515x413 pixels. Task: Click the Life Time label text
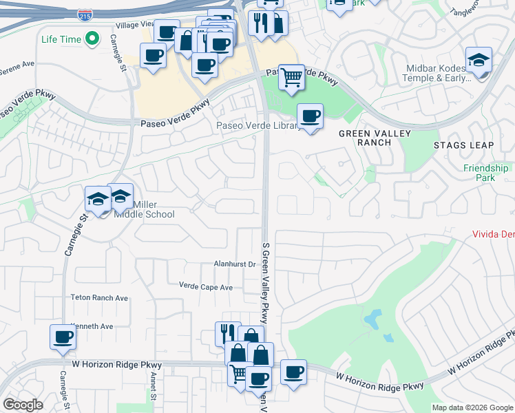[61, 39]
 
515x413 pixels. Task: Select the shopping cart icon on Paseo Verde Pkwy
[292, 76]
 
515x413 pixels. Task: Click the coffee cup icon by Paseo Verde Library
[310, 116]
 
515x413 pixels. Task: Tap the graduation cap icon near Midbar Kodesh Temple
[479, 60]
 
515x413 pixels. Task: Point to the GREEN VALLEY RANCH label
[375, 138]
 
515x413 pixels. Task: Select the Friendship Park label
[485, 173]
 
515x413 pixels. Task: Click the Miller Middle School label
[154, 209]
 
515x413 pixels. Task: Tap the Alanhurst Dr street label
[235, 264]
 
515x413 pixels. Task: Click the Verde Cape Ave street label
[206, 286]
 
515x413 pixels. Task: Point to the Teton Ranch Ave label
[99, 298]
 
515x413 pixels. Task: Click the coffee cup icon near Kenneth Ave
[63, 337]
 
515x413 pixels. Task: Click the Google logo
[23, 405]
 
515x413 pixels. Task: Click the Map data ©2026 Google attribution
[472, 407]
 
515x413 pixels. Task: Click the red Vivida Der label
[493, 234]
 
